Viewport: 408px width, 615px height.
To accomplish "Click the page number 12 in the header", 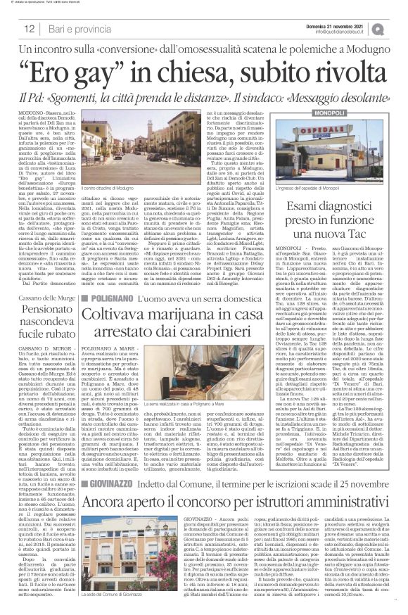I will coord(29,29).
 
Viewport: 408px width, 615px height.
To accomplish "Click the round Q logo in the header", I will coord(398,29).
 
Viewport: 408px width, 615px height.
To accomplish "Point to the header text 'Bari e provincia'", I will coord(73,29).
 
